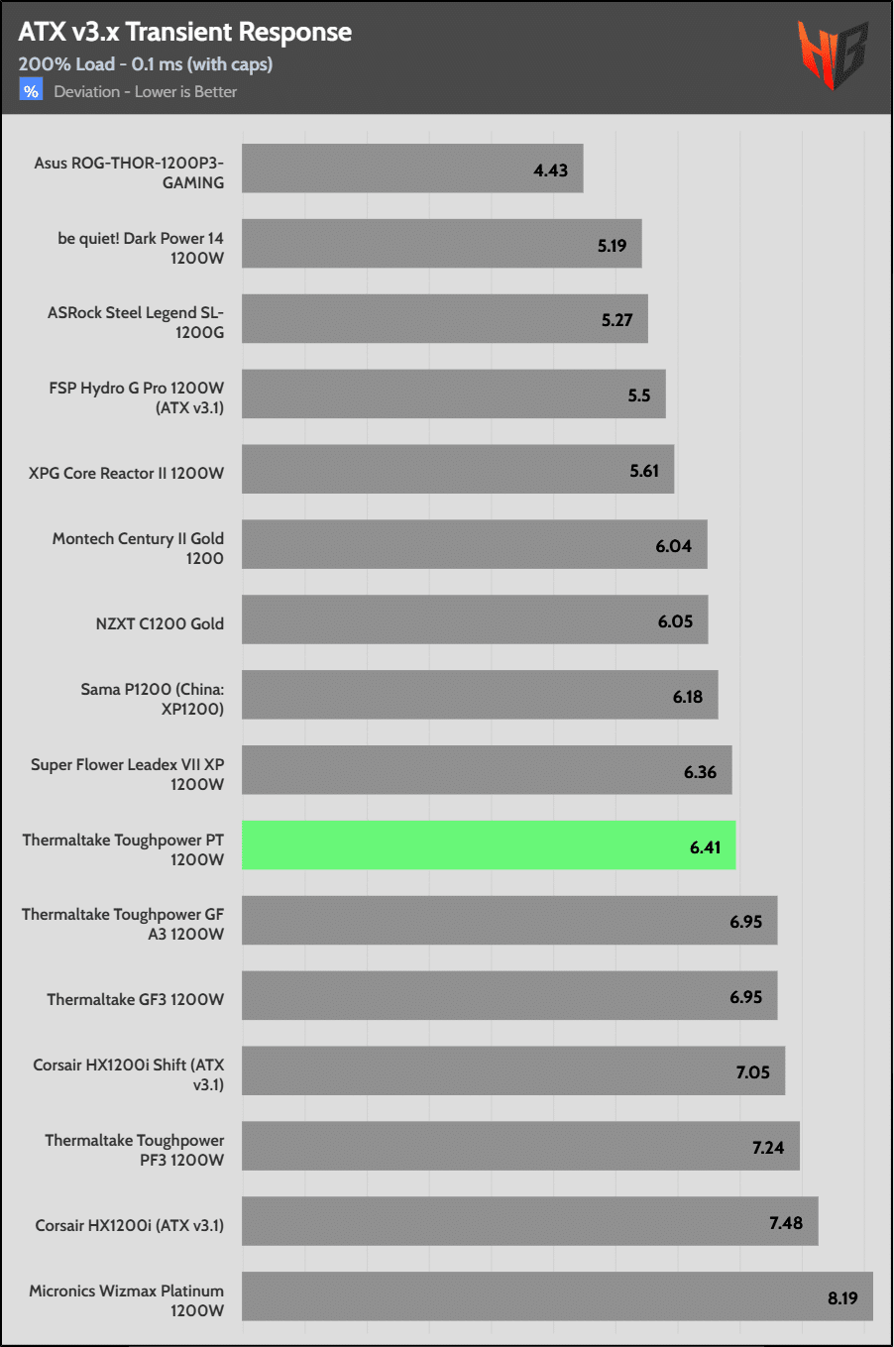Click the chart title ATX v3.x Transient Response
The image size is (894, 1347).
point(185,33)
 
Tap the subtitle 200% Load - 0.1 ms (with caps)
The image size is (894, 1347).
point(146,64)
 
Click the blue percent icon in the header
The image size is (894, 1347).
point(31,91)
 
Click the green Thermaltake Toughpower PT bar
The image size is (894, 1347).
point(489,845)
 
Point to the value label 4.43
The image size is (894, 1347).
point(551,170)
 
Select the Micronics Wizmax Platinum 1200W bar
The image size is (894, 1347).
point(557,1296)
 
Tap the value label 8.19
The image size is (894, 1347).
point(842,1298)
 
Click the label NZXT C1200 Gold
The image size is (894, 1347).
point(160,623)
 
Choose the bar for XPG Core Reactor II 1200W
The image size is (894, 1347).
point(458,469)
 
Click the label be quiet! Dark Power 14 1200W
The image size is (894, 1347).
point(141,248)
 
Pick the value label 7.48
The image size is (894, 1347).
point(786,1223)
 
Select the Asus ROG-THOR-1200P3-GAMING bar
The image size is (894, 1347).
point(412,168)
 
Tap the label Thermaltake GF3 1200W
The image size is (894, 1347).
point(136,999)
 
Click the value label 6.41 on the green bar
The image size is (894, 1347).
point(706,847)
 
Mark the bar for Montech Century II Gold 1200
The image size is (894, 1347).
point(475,544)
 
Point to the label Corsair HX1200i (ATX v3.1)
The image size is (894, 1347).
point(130,1225)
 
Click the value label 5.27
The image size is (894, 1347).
point(616,320)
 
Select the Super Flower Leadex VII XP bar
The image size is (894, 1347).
point(487,770)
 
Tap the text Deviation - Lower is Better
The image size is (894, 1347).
point(146,92)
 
